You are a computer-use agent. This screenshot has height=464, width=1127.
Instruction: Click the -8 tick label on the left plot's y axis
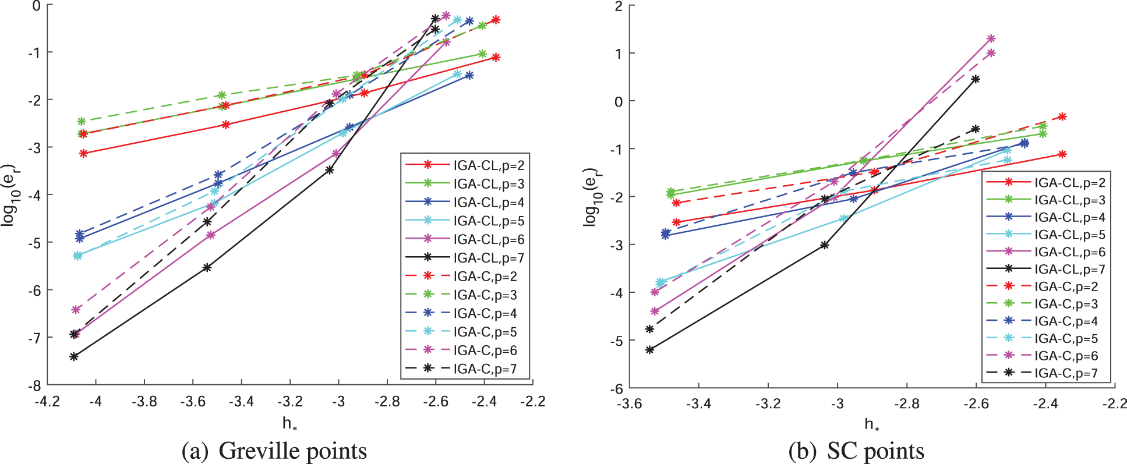click(36, 385)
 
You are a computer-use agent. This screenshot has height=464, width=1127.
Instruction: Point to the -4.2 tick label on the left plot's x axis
click(47, 402)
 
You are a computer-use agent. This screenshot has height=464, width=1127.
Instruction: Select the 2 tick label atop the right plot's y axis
click(619, 6)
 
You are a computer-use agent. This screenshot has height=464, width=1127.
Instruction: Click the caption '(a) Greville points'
click(274, 451)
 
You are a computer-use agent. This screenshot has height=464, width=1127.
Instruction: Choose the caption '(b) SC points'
click(856, 451)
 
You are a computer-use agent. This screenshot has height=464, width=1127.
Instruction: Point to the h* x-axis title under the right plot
click(872, 424)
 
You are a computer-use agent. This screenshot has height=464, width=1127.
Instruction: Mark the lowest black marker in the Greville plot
click(74, 356)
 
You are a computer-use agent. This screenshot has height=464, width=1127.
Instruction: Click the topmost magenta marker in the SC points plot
click(991, 39)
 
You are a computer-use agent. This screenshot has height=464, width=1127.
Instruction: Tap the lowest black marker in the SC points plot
click(650, 350)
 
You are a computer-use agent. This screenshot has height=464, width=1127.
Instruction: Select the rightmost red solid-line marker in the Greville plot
click(496, 57)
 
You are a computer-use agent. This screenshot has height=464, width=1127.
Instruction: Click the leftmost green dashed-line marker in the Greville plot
click(82, 122)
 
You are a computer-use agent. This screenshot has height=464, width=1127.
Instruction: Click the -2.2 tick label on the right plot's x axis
click(1114, 404)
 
